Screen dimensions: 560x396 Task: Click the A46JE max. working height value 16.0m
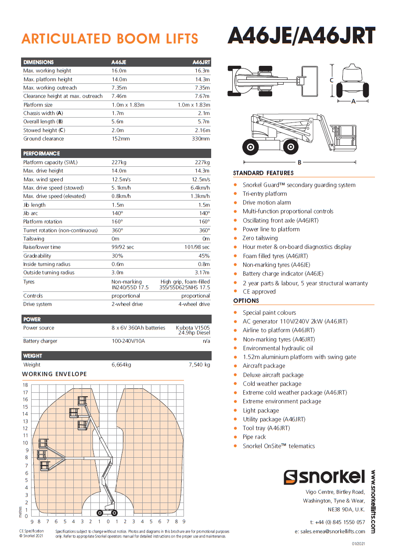pyautogui.click(x=119, y=71)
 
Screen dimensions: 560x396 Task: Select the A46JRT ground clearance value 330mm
pyautogui.click(x=201, y=139)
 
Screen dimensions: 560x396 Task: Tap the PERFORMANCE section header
pyautogui.click(x=41, y=154)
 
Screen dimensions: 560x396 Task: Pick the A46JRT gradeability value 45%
pyautogui.click(x=204, y=256)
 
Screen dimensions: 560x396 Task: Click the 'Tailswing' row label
pyautogui.click(x=34, y=239)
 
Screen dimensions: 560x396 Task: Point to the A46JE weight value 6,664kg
pyautogui.click(x=121, y=365)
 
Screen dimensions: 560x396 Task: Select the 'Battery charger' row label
pyautogui.click(x=40, y=341)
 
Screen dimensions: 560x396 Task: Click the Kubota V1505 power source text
pyautogui.click(x=193, y=328)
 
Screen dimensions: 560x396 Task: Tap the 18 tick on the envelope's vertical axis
pyautogui.click(x=25, y=385)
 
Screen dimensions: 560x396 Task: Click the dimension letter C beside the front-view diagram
pyautogui.click(x=332, y=80)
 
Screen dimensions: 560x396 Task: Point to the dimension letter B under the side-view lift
pyautogui.click(x=299, y=162)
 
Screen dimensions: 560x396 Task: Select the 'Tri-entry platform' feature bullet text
pyautogui.click(x=265, y=194)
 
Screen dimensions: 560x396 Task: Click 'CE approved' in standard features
pyautogui.click(x=259, y=291)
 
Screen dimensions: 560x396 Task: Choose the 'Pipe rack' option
pyautogui.click(x=254, y=437)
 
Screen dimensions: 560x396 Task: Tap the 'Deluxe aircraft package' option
pyautogui.click(x=273, y=375)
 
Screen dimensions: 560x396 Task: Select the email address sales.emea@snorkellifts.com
pyautogui.click(x=330, y=531)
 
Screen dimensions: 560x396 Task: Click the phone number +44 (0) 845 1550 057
pyautogui.click(x=337, y=522)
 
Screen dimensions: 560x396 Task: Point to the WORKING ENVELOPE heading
pyautogui.click(x=54, y=374)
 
